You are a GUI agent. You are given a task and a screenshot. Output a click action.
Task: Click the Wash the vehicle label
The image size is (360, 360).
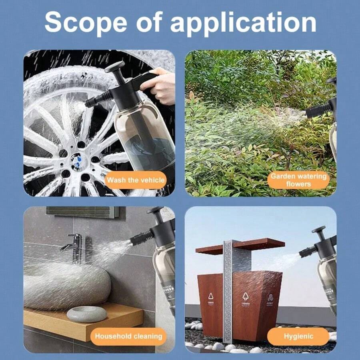click(136, 180)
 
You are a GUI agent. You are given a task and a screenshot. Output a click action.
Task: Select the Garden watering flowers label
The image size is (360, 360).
click(298, 180)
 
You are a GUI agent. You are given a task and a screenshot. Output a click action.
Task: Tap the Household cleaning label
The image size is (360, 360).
click(128, 336)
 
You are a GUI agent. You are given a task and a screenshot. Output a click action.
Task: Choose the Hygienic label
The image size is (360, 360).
click(298, 336)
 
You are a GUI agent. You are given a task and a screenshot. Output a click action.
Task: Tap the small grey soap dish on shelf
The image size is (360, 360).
click(87, 314)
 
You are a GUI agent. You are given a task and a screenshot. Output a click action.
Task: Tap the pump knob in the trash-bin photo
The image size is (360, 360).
click(319, 230)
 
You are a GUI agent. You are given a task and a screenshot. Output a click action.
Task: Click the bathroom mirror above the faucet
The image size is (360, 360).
click(82, 211)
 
